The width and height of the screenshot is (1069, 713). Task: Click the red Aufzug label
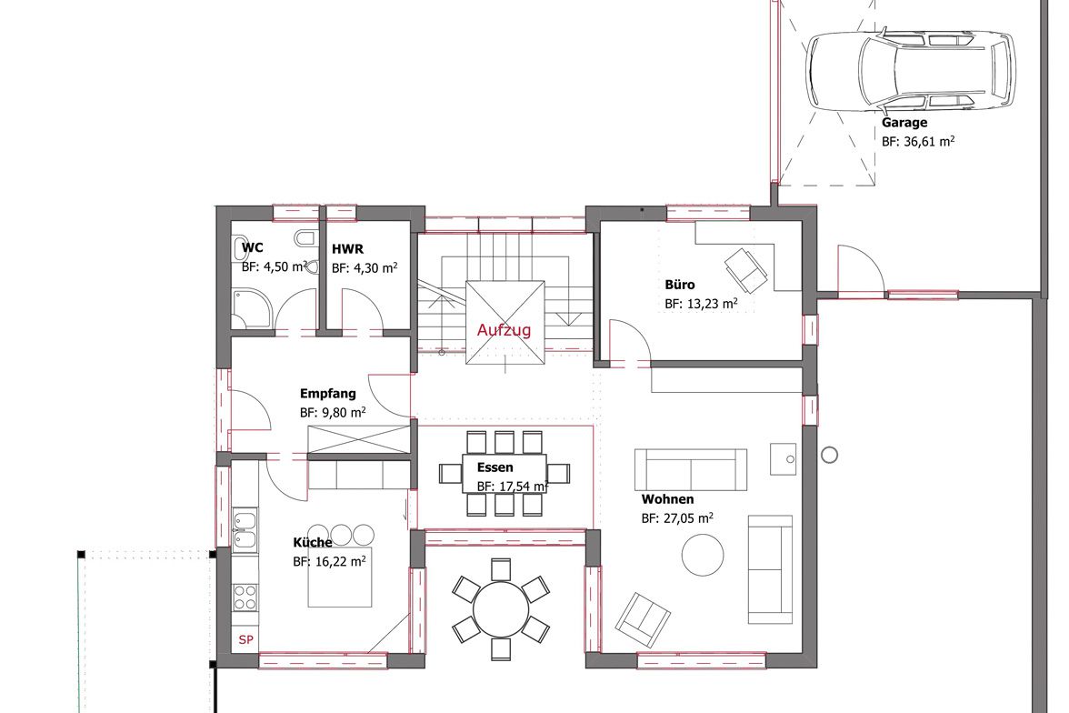(504, 329)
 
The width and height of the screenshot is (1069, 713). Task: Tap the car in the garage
(911, 70)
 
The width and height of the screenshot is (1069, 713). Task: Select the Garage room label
(904, 123)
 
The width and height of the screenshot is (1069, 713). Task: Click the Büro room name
(680, 285)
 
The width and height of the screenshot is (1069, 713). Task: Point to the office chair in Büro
(745, 270)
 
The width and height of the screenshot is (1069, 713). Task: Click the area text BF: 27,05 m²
(677, 518)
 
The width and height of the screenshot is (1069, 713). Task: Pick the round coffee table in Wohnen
(703, 555)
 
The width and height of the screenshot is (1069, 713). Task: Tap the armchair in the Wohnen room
(642, 619)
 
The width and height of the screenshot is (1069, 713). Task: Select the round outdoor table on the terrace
(501, 608)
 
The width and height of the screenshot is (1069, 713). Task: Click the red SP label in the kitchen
(245, 639)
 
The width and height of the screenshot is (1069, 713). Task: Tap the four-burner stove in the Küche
(245, 598)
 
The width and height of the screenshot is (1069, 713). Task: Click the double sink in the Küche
(245, 529)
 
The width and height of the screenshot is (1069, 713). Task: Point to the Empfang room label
(328, 394)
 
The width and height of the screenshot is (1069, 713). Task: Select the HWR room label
(347, 249)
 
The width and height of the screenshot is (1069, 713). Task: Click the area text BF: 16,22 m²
(329, 562)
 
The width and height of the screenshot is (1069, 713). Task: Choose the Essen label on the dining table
(495, 467)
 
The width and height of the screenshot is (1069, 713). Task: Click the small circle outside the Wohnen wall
(829, 455)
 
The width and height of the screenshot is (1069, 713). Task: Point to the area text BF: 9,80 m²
(333, 413)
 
